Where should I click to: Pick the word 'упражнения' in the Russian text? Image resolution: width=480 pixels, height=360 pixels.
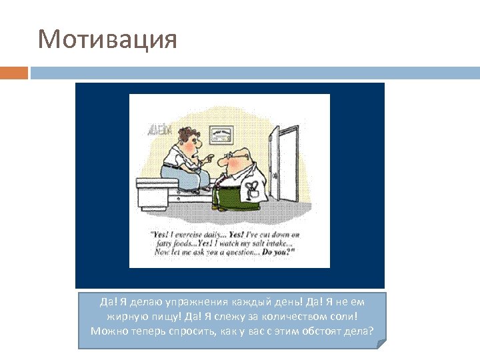coord(187,302)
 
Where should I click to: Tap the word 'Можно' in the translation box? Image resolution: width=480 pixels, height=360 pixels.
coord(105,331)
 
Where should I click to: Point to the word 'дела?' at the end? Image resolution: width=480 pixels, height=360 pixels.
coord(360,331)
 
